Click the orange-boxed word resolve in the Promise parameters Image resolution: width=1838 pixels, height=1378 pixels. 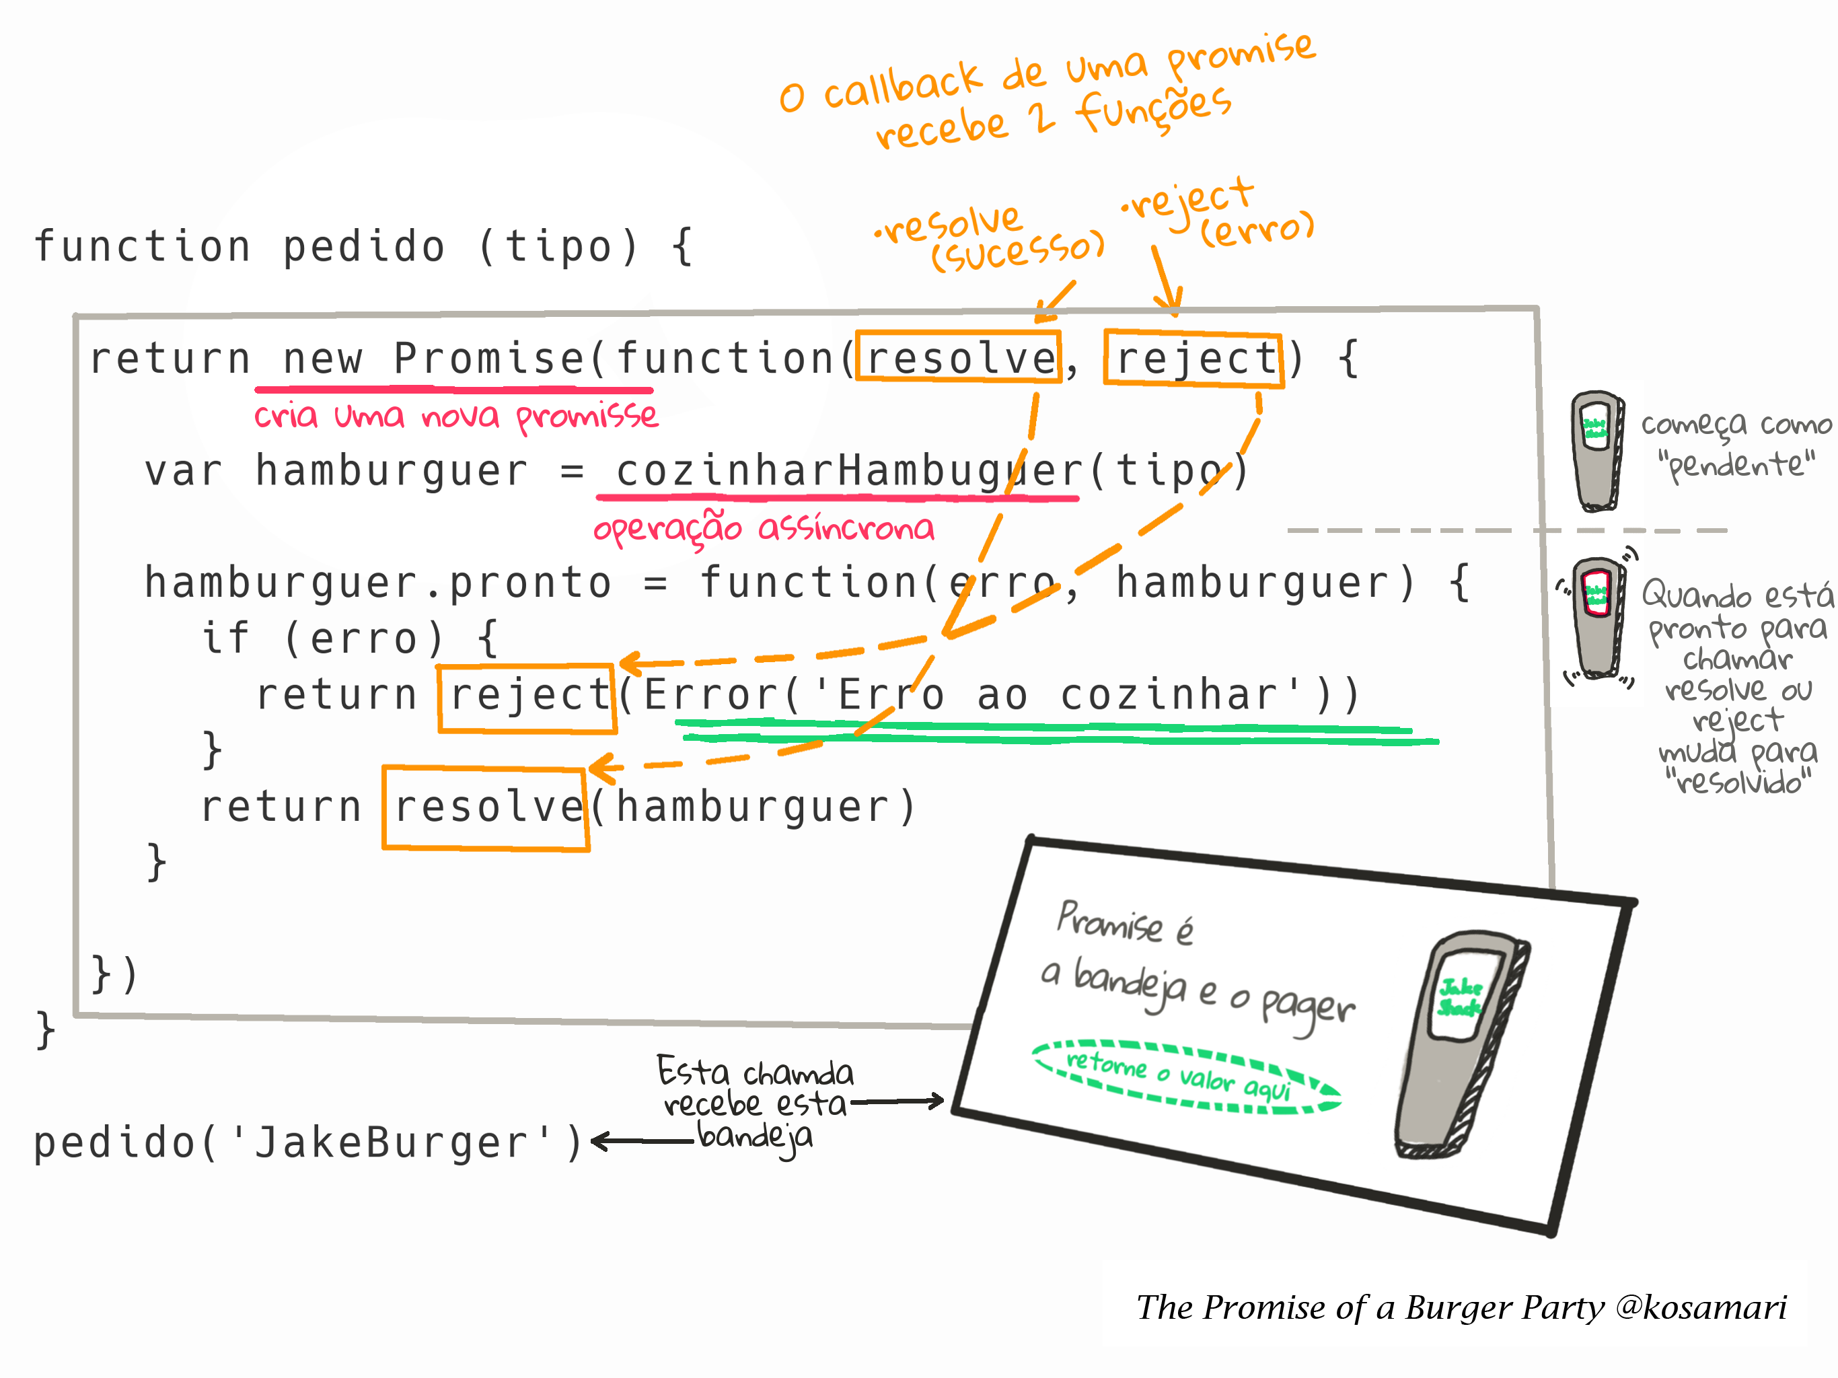click(x=958, y=357)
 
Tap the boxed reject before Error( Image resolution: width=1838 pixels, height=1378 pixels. click(x=527, y=698)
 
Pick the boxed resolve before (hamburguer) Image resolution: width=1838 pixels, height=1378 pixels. click(x=486, y=808)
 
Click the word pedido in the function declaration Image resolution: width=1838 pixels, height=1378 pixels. click(x=364, y=247)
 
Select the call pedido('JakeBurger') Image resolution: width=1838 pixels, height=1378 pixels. click(x=308, y=1142)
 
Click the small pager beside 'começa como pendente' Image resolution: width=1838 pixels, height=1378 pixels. click(x=1597, y=450)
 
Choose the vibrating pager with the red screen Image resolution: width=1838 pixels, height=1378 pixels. click(x=1597, y=618)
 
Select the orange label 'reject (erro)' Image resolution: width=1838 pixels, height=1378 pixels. click(x=1217, y=213)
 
